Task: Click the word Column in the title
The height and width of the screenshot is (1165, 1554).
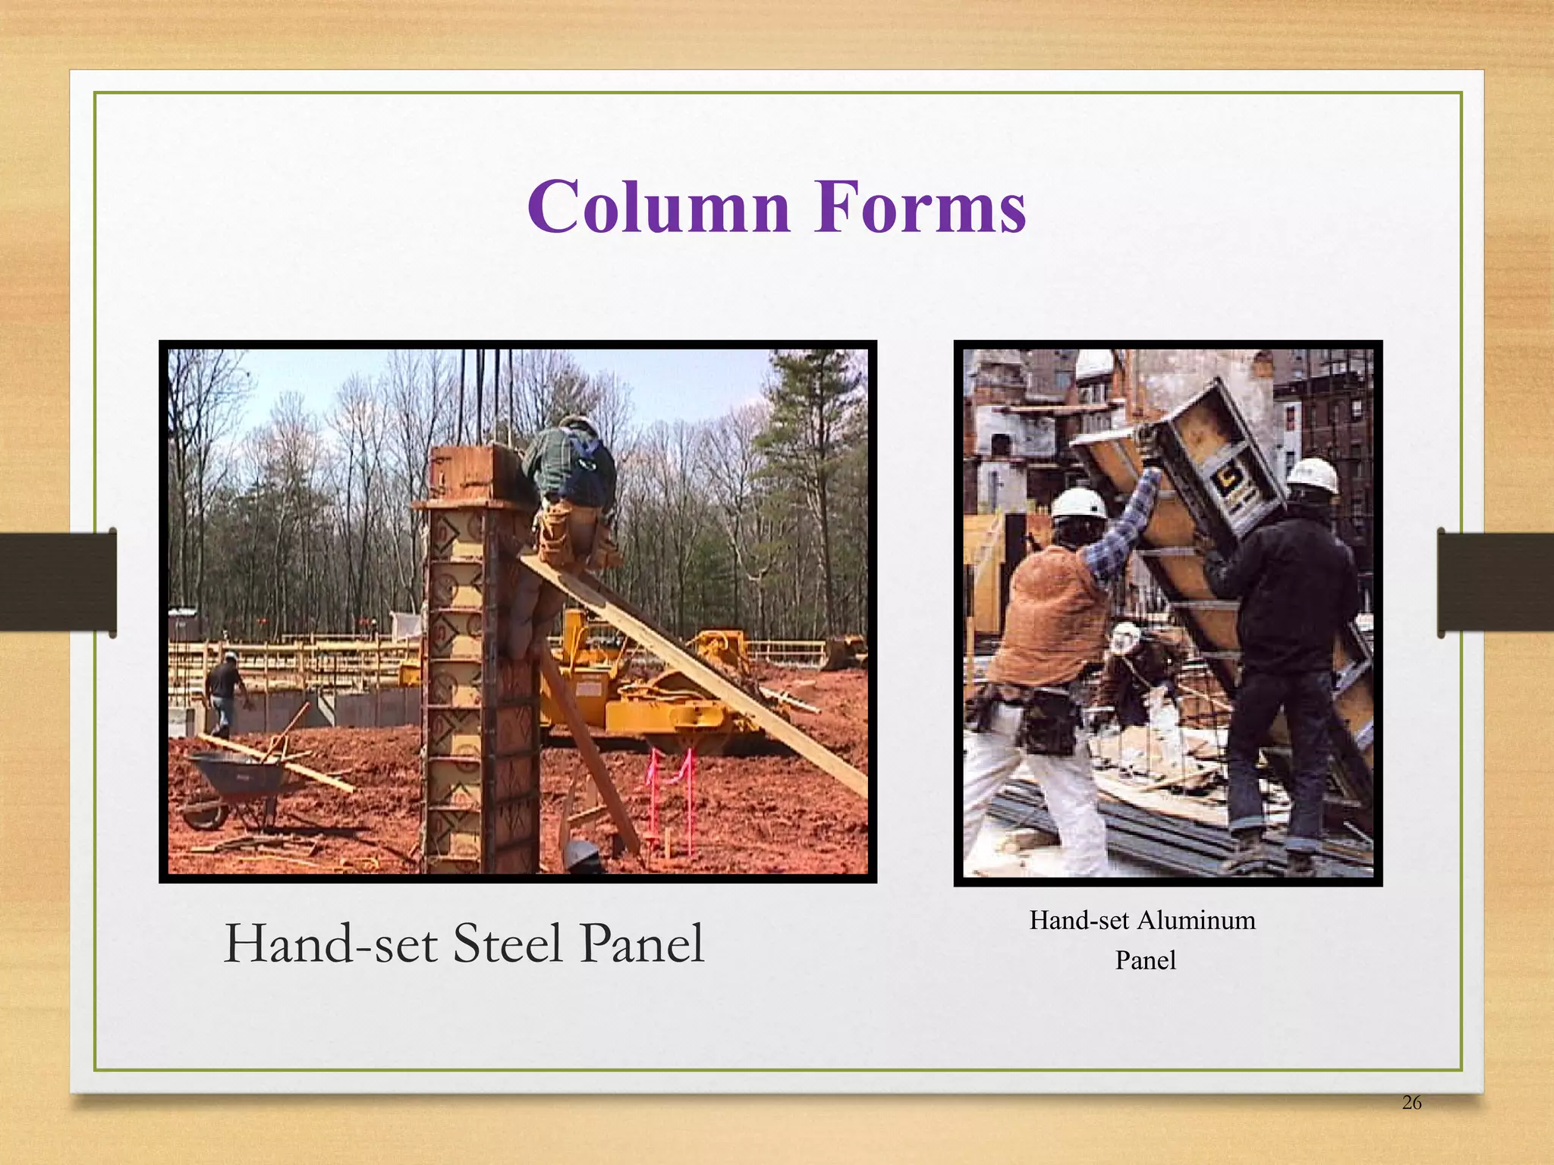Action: point(659,206)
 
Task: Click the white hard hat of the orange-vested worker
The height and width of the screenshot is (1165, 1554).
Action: point(1079,503)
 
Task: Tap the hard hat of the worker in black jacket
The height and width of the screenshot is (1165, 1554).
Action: point(1313,474)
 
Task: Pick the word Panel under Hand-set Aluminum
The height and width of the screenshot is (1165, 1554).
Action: point(1145,961)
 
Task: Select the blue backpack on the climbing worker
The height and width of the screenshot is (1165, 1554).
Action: point(592,466)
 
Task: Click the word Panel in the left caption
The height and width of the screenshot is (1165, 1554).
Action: point(642,944)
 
